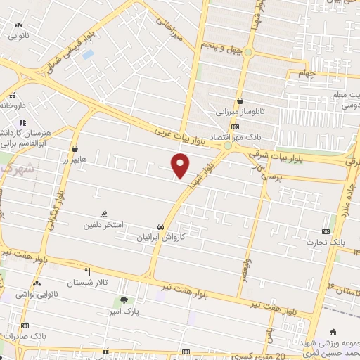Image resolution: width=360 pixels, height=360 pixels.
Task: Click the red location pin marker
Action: [x=181, y=166]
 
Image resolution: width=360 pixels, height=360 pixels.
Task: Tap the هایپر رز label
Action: [x=74, y=160]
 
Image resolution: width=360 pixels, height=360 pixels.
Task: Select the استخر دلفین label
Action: [x=103, y=225]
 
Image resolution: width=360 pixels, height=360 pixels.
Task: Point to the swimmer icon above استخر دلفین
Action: [x=104, y=214]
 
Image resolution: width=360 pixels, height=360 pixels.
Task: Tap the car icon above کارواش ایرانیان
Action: [x=162, y=227]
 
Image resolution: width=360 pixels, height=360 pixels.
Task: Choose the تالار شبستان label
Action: [x=88, y=283]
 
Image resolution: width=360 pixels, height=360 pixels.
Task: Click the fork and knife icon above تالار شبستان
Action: [x=88, y=271]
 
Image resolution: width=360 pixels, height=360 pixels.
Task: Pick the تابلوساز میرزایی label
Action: [x=239, y=111]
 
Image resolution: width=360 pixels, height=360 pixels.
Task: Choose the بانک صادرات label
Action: [x=24, y=336]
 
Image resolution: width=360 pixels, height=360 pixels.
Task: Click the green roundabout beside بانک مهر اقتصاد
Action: [x=227, y=146]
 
